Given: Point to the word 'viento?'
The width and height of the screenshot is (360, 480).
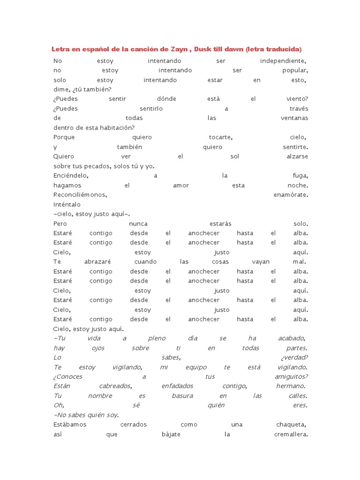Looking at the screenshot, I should tap(297, 99).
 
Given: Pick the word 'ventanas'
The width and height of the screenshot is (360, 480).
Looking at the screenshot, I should tap(294, 118).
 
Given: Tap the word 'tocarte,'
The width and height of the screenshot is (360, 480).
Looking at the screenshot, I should tap(221, 137).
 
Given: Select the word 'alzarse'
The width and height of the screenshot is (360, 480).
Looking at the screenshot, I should tap(297, 157).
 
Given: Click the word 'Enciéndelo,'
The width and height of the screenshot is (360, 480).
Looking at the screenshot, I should tap(71, 176).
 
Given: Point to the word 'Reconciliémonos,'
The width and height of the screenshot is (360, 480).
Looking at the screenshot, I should tap(81, 195).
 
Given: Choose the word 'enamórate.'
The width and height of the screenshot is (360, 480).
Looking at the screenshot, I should tap(291, 195).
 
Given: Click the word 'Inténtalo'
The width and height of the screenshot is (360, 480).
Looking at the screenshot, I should tap(67, 204).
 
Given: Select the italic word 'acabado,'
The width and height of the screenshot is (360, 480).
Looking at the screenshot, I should tap(291, 338).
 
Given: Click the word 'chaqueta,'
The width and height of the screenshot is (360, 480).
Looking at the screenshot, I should tap(292, 424).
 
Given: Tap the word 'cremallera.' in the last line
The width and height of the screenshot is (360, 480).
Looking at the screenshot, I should tap(291, 434).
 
